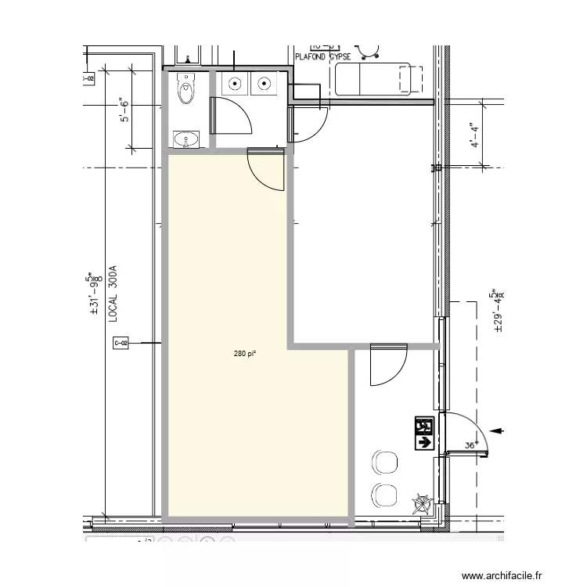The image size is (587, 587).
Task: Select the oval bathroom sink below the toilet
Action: click(x=187, y=139)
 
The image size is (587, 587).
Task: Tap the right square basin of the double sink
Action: click(x=265, y=84)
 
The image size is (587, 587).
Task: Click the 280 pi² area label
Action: click(x=245, y=354)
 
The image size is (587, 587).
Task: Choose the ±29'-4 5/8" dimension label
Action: click(x=495, y=312)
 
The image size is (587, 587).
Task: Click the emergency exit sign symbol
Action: click(x=423, y=434)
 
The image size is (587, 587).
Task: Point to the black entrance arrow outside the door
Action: click(x=497, y=430)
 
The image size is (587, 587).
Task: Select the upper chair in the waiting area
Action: click(x=384, y=462)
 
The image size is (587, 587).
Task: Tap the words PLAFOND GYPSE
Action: click(x=322, y=57)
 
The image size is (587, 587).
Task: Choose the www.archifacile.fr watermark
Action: click(x=501, y=576)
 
